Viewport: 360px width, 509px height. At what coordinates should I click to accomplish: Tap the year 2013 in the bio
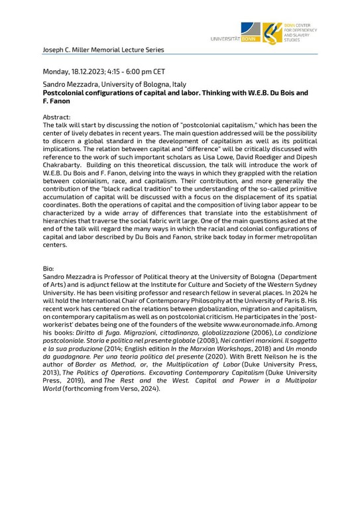pos(52,374)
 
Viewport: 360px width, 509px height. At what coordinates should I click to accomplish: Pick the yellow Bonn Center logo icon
pos(271,31)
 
